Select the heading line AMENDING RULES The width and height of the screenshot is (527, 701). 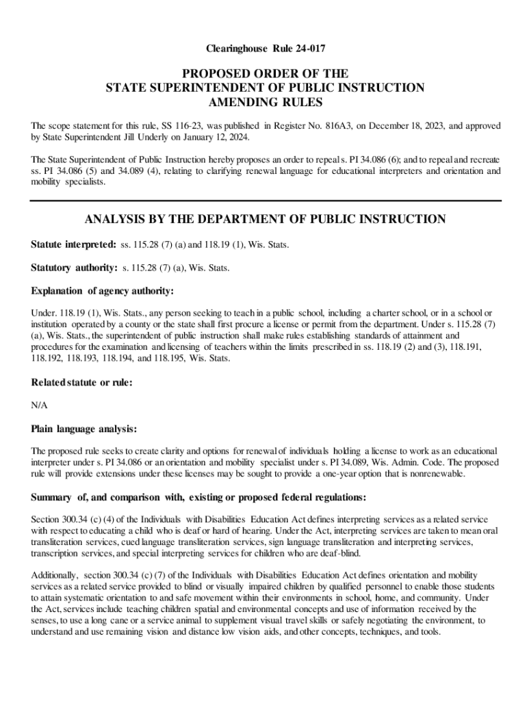tap(264, 102)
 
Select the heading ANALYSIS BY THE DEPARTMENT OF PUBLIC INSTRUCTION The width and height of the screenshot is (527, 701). tap(264, 219)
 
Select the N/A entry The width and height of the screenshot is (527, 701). tap(39, 405)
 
